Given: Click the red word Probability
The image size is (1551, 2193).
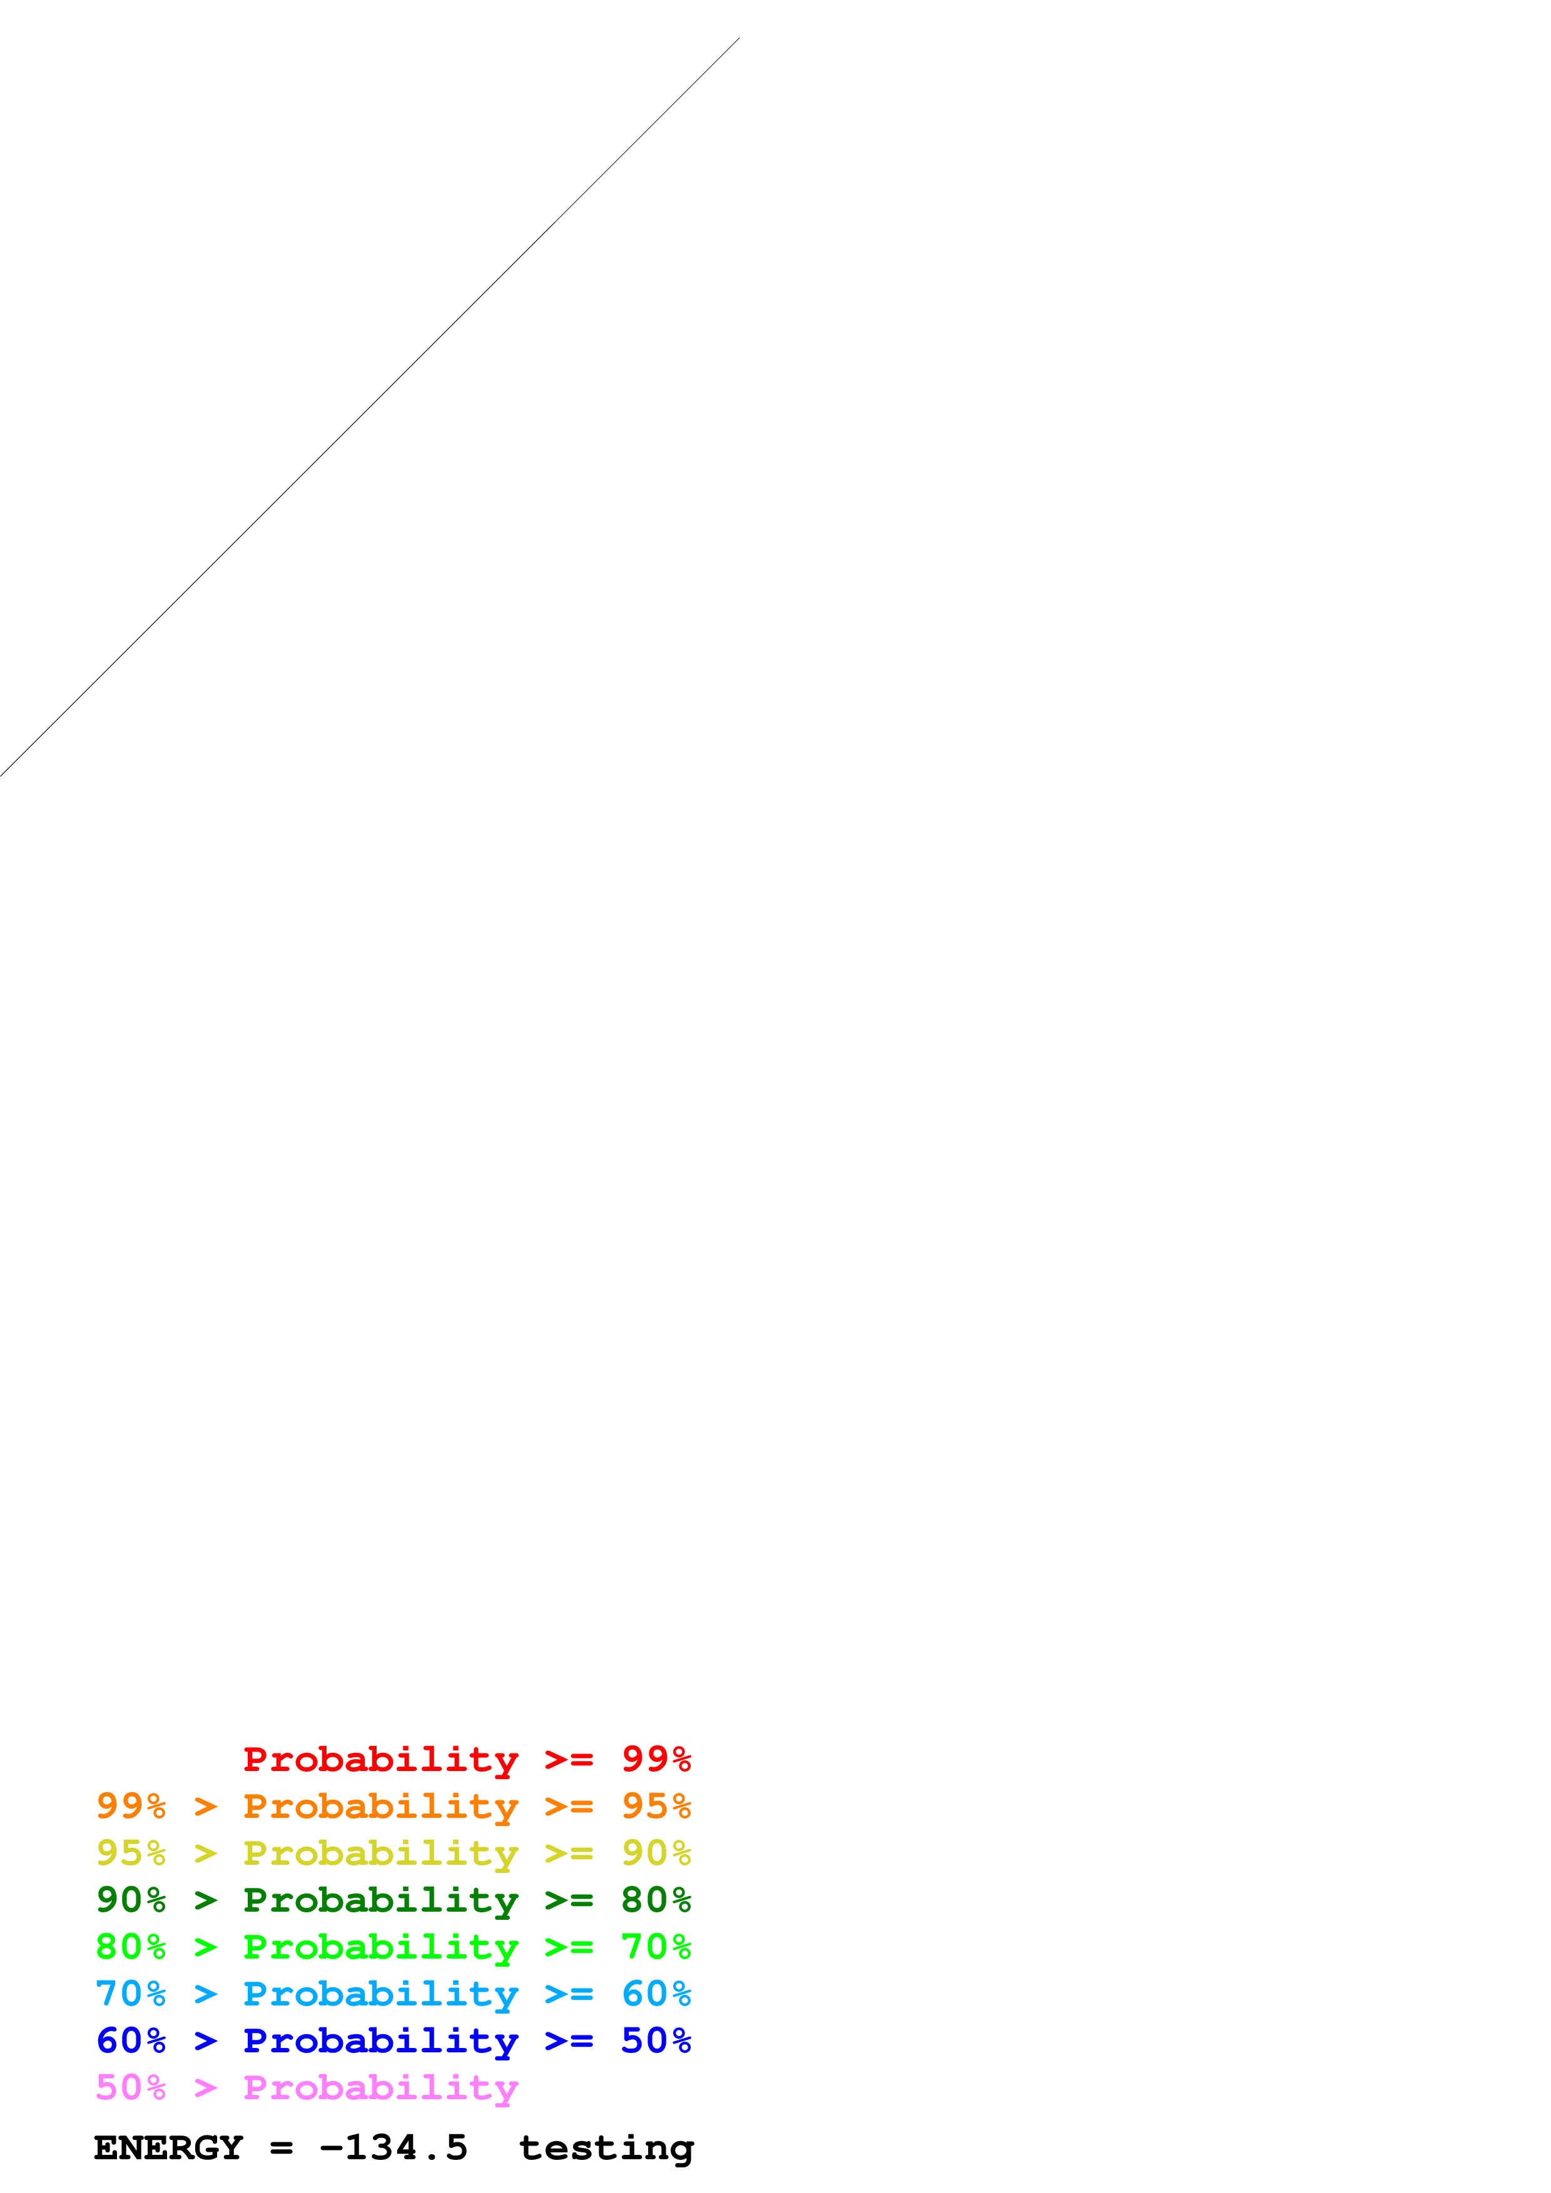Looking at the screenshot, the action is click(x=380, y=1759).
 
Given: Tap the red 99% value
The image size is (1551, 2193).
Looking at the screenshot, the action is click(x=656, y=1759).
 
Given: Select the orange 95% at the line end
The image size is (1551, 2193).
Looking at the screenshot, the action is click(x=656, y=1806).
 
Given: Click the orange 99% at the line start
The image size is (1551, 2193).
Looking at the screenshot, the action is click(x=131, y=1806).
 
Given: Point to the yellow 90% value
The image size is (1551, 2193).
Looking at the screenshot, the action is click(x=656, y=1853).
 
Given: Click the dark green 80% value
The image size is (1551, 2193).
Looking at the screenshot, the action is click(x=656, y=1900).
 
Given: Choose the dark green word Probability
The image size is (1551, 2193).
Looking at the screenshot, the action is click(x=380, y=1900).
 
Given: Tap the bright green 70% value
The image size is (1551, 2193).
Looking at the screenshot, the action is click(x=656, y=1947).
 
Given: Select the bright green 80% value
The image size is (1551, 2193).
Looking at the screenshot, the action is click(x=131, y=1947).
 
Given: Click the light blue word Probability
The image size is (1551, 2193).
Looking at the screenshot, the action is click(x=380, y=1994).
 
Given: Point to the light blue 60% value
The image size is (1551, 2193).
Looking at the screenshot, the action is click(x=656, y=1994).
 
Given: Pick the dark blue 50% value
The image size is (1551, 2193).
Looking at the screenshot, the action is click(x=656, y=2040).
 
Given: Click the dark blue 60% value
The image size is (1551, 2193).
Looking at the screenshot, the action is click(x=131, y=2040).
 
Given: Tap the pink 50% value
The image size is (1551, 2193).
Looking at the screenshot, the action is click(x=131, y=2087).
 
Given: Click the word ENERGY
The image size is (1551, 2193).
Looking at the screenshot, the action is click(x=168, y=2148).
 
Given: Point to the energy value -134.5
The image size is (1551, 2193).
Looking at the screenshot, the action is click(x=394, y=2148).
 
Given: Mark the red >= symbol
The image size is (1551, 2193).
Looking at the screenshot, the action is click(x=569, y=1759).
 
